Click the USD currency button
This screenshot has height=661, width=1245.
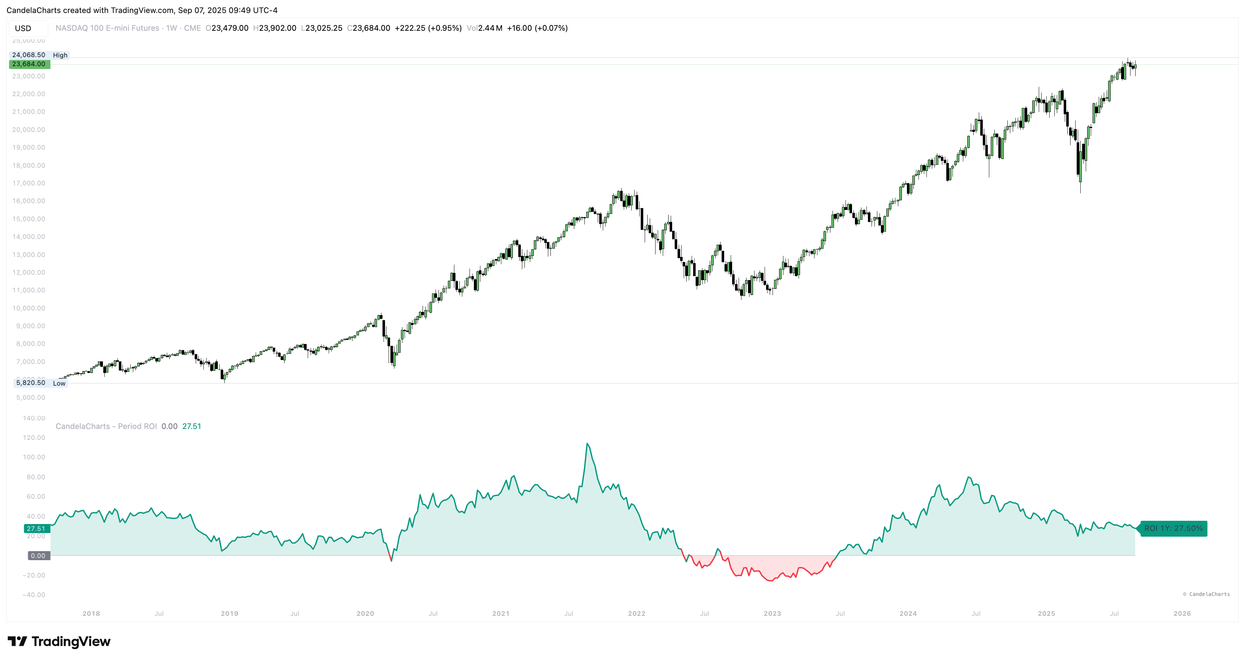tap(23, 29)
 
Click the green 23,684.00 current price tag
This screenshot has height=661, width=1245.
tap(29, 64)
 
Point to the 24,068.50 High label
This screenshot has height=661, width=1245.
tap(39, 55)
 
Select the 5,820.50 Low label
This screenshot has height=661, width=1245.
tap(40, 383)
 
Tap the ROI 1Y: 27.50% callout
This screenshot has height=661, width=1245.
tap(1173, 528)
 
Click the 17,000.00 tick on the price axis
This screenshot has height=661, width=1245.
tap(29, 183)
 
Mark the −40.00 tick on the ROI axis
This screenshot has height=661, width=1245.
tap(34, 595)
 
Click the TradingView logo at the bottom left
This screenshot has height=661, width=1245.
tap(59, 641)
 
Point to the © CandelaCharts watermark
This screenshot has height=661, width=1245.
tap(1206, 594)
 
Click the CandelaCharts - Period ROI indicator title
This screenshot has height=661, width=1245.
tap(106, 426)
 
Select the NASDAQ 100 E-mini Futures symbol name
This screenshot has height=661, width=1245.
tap(107, 29)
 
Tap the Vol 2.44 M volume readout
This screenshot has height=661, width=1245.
tap(484, 29)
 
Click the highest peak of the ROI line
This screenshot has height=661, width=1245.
tap(587, 443)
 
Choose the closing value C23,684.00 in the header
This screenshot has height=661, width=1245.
tap(369, 29)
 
